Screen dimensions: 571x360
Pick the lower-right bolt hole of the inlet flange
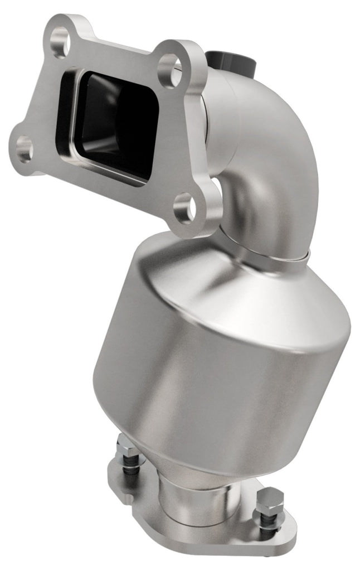184,209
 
